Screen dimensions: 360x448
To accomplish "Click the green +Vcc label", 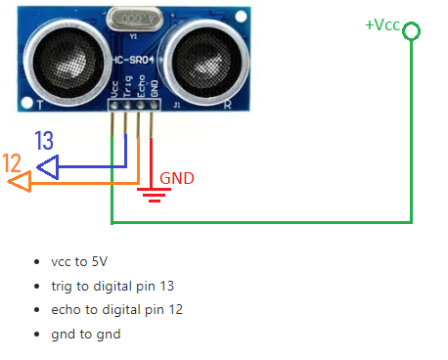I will tap(382, 24).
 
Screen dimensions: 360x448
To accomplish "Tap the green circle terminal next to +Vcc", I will tap(412, 31).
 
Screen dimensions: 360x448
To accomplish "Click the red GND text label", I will tap(177, 178).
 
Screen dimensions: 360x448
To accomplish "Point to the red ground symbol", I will tap(153, 193).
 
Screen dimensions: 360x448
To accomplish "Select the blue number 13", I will tap(44, 141).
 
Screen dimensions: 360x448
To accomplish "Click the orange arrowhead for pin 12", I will tap(18, 182).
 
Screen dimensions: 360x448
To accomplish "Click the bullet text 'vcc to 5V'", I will tap(79, 262).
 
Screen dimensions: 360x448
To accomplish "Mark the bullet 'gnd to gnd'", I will tap(86, 334).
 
